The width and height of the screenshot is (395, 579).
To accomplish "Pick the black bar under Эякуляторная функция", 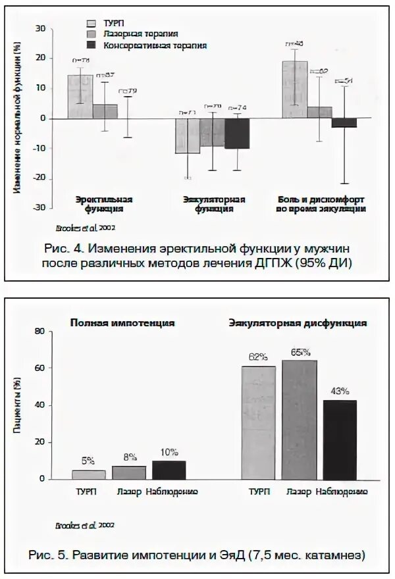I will (237, 134).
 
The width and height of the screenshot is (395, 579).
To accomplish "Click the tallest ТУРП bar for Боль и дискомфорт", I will (295, 89).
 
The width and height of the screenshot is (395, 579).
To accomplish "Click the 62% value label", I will (258, 357).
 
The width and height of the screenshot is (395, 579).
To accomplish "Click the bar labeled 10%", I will (170, 470).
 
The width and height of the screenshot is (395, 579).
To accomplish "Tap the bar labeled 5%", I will (89, 474).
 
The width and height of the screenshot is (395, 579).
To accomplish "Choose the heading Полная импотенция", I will (122, 323).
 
